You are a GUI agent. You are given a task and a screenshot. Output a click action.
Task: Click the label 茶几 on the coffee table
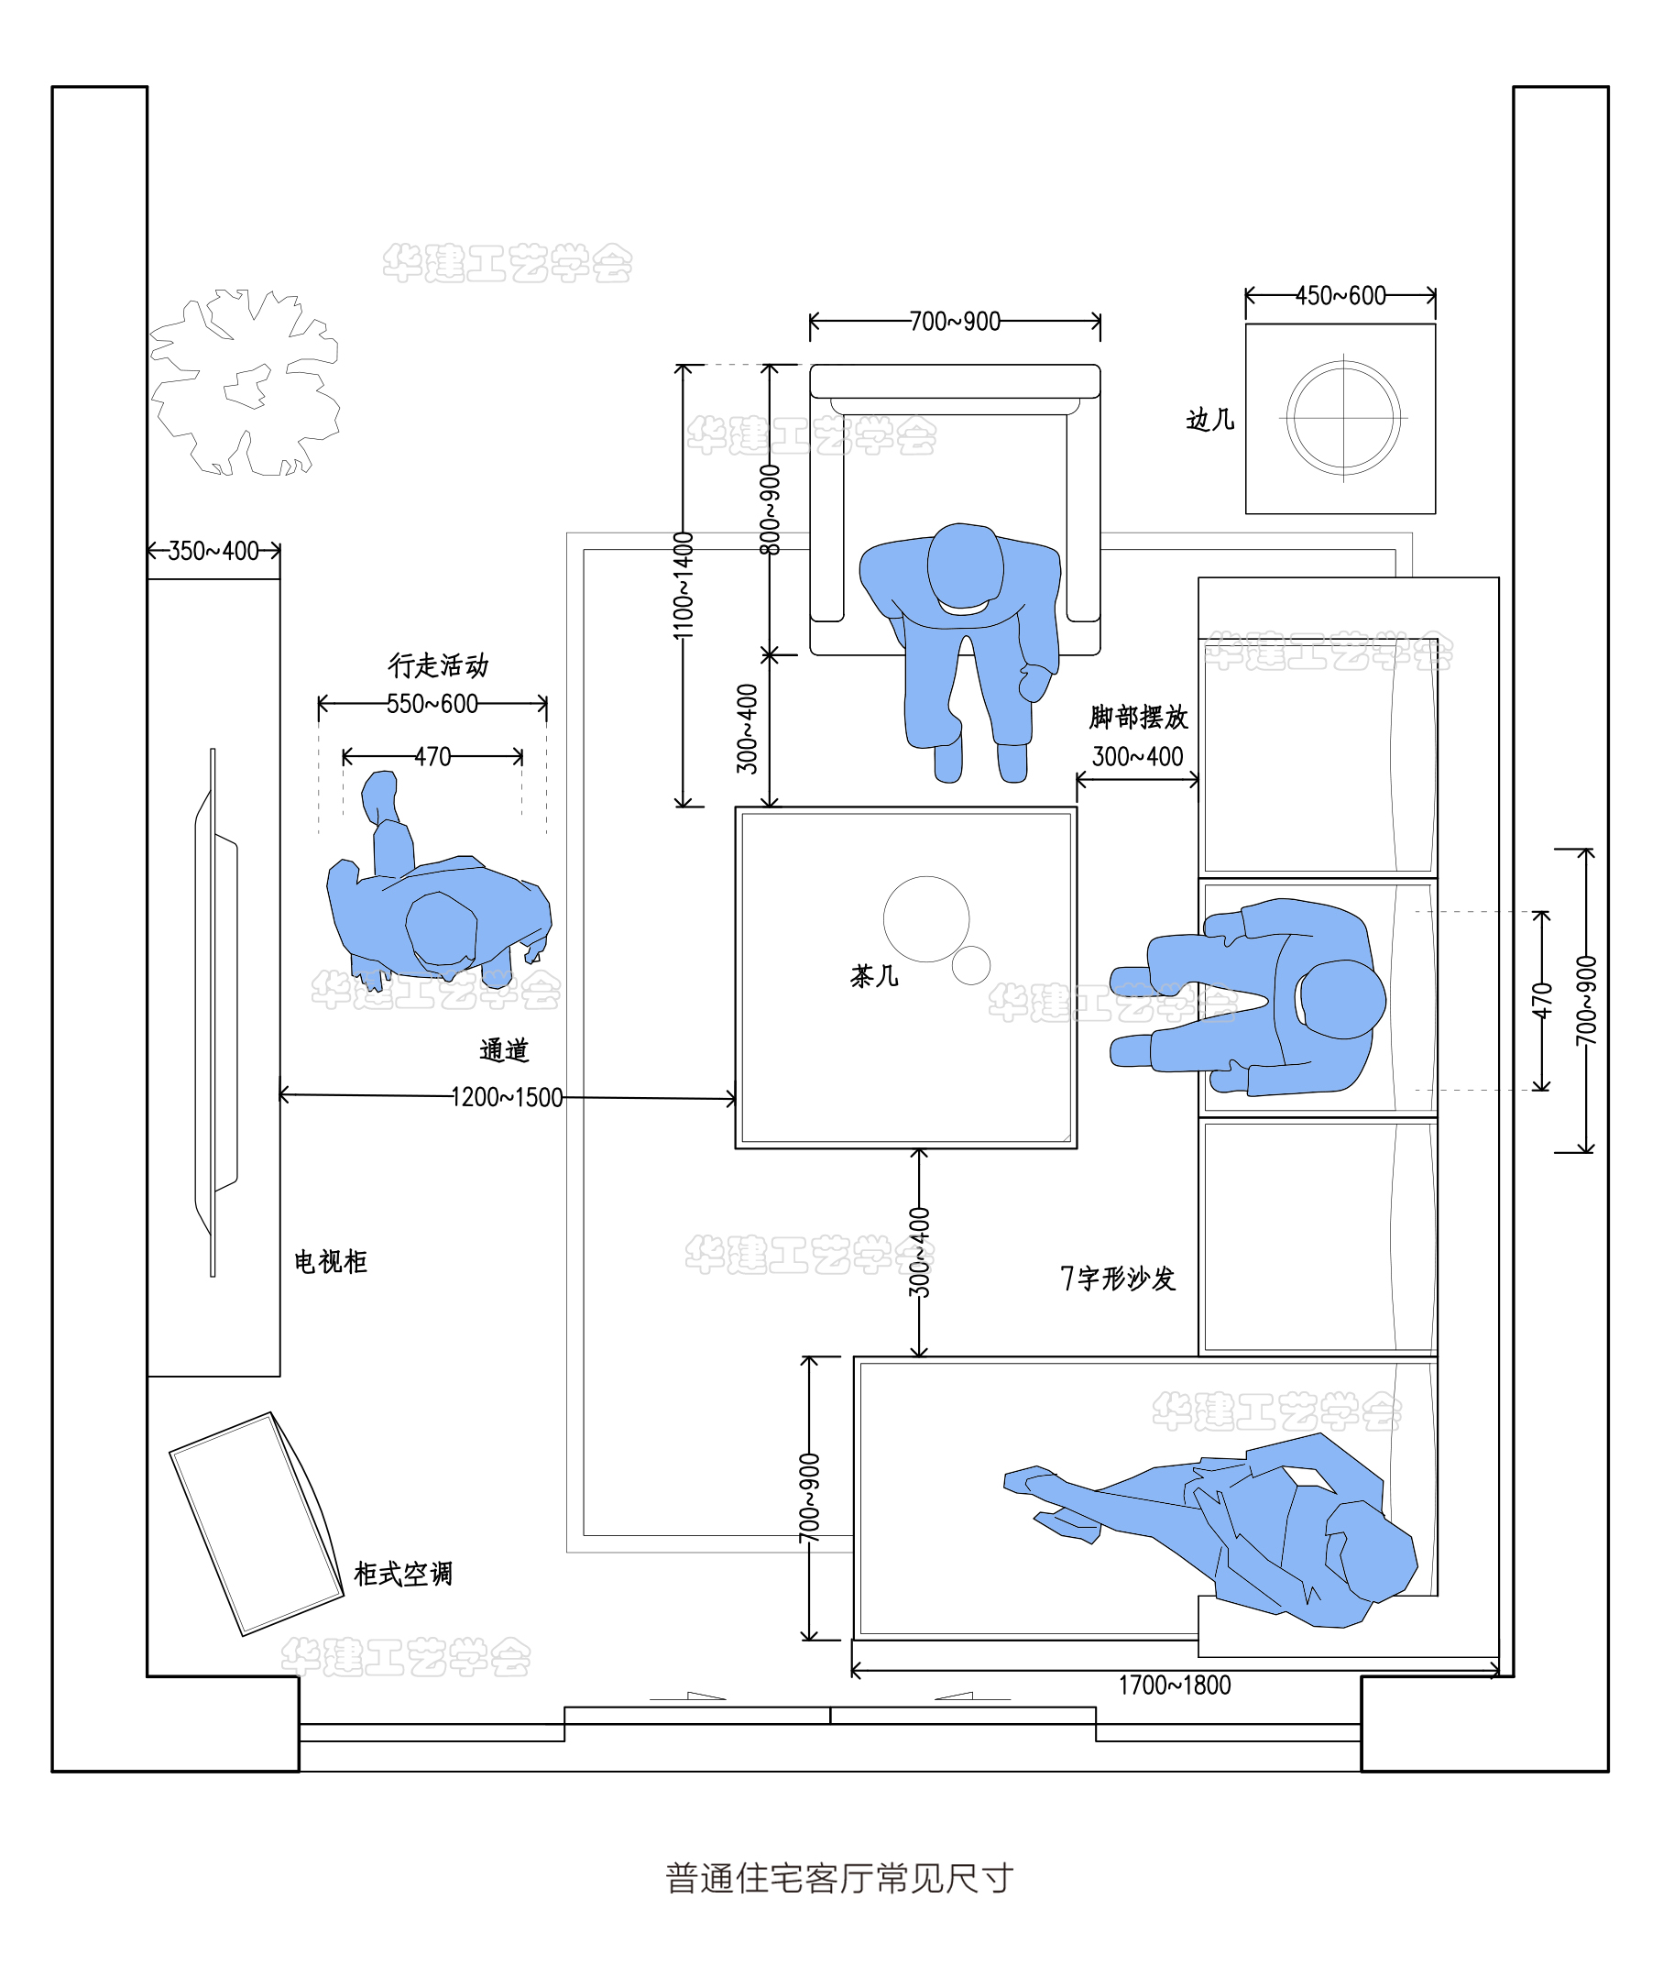coord(873,976)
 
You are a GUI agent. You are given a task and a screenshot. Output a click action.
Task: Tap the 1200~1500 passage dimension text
coord(507,1097)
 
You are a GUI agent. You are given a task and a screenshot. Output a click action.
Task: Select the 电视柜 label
coord(330,1261)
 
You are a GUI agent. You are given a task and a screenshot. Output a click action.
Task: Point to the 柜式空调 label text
coord(403,1574)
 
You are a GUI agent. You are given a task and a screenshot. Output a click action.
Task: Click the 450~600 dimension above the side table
coord(1340,296)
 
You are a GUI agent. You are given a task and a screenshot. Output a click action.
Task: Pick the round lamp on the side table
coord(1343,418)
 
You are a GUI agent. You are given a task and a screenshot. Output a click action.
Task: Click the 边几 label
coord(1210,420)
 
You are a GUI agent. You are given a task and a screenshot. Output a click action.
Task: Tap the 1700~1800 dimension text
coord(1174,1685)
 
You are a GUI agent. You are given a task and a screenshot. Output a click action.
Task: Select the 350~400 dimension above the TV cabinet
coord(213,552)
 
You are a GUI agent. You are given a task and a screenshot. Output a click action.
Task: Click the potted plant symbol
coord(245,383)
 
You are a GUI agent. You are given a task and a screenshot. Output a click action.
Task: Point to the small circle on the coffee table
coord(971,965)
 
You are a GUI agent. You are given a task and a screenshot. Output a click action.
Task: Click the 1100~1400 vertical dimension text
coord(684,586)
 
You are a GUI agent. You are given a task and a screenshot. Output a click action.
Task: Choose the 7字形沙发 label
coord(1118,1279)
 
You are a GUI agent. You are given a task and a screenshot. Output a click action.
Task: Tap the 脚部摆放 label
coord(1139,718)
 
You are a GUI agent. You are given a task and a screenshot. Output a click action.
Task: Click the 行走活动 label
coord(437,665)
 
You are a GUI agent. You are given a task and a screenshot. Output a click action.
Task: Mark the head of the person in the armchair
coord(964,566)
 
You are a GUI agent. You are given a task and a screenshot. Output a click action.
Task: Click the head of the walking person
coord(442,930)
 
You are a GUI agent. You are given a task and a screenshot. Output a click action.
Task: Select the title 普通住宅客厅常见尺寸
coord(839,1878)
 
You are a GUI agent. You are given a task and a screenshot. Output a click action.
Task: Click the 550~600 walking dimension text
coord(432,704)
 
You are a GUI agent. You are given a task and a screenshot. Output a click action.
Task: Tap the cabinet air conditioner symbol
coord(257,1523)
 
